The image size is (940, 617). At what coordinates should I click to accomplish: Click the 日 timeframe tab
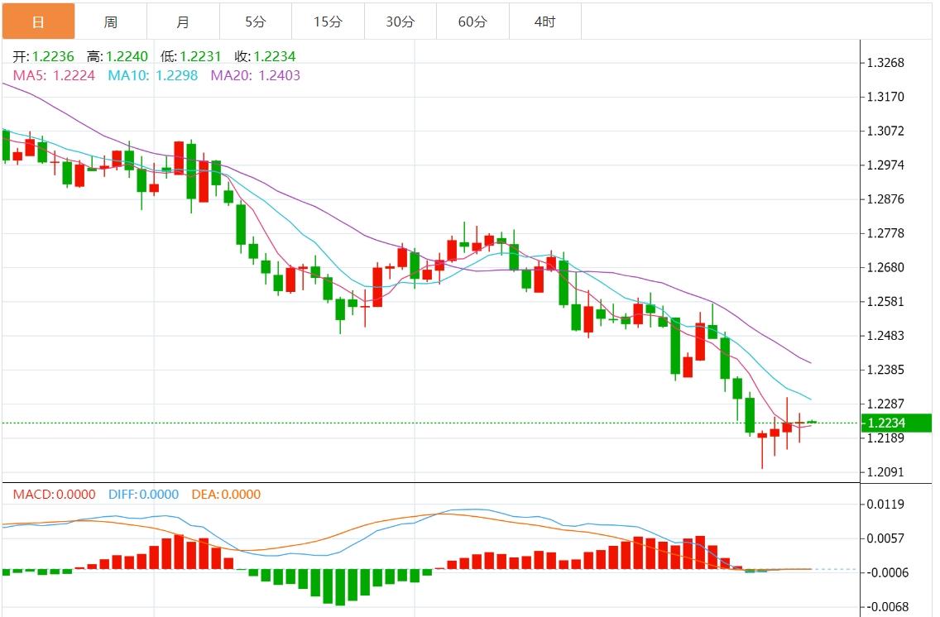38,22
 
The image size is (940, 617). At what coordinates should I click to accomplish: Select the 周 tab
111,22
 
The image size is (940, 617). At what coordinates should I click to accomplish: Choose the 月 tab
183,22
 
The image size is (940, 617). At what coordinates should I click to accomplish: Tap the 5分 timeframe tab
256,22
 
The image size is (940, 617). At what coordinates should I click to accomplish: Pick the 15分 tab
328,22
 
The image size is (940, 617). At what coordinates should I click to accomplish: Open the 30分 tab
400,22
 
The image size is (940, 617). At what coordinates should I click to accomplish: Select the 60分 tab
472,22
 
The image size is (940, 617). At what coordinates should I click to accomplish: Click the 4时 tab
545,22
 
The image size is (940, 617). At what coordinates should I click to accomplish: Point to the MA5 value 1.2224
74,75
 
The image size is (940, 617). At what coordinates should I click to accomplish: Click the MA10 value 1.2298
176,75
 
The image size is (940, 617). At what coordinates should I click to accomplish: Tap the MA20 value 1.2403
280,75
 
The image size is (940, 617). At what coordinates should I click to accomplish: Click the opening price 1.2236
54,56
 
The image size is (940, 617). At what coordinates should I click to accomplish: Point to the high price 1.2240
127,56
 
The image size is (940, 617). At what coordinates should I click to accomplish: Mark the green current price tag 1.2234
896,423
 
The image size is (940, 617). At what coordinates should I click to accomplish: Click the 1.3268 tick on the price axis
885,63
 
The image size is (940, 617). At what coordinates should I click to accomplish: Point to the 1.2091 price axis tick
885,472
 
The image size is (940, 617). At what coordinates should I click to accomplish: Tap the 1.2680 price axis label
885,268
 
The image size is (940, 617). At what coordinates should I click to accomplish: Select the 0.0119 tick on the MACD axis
885,505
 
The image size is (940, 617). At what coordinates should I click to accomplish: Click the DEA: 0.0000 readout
226,495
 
